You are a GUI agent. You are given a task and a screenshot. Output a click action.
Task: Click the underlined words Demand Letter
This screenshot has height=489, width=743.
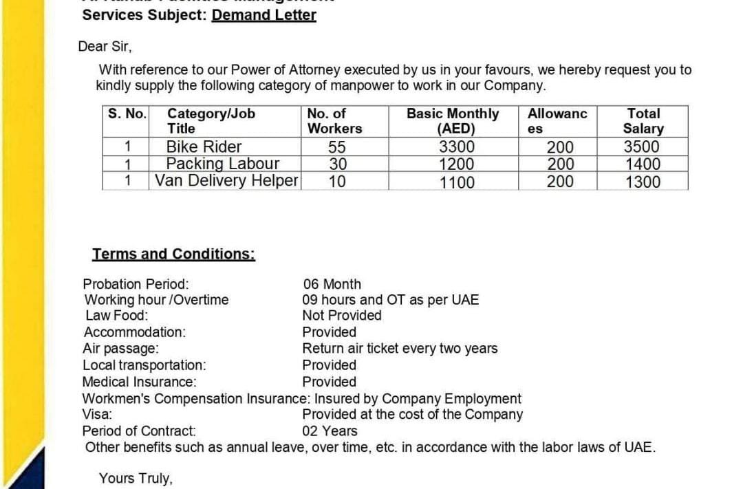[x=263, y=15]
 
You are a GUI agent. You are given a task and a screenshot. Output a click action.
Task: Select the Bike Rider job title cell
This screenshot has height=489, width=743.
[x=204, y=146]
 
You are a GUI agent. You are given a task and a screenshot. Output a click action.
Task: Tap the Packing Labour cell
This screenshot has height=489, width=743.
[x=223, y=164]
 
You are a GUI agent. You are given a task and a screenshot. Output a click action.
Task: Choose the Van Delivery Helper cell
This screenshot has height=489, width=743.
[x=226, y=181]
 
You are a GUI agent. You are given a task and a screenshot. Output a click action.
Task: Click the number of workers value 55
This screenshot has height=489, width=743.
[x=337, y=147]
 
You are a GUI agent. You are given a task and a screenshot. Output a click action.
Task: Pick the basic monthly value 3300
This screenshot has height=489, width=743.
[x=457, y=147]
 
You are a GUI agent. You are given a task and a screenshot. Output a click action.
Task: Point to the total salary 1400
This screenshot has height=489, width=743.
[x=642, y=164]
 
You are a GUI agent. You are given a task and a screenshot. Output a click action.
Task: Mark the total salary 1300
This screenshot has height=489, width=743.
[x=642, y=182]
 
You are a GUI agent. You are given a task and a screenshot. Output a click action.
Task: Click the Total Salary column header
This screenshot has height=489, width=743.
[x=643, y=121]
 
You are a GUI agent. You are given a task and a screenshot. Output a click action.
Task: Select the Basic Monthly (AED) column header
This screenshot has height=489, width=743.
[x=453, y=121]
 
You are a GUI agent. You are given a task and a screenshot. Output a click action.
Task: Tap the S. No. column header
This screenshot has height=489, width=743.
[x=127, y=113]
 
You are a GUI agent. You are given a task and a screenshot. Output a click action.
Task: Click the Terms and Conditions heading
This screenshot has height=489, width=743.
[x=174, y=254]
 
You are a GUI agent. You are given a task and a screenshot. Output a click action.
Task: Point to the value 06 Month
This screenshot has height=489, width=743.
[x=332, y=284]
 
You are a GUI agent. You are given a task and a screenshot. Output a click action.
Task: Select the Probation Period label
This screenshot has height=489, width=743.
[x=136, y=284]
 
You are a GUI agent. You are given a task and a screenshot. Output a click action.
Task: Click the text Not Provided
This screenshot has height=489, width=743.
[x=342, y=316]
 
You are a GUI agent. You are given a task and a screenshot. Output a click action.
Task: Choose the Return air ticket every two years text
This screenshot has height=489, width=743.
[x=400, y=349]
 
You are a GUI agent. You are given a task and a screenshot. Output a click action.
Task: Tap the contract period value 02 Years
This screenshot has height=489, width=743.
[x=330, y=431]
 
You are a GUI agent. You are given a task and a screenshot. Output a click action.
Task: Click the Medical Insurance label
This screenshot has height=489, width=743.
[x=139, y=382]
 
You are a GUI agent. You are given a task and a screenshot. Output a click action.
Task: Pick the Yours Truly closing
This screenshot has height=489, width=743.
[x=136, y=479]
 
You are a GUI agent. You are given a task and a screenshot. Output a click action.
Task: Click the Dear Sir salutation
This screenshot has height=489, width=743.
[x=105, y=47]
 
